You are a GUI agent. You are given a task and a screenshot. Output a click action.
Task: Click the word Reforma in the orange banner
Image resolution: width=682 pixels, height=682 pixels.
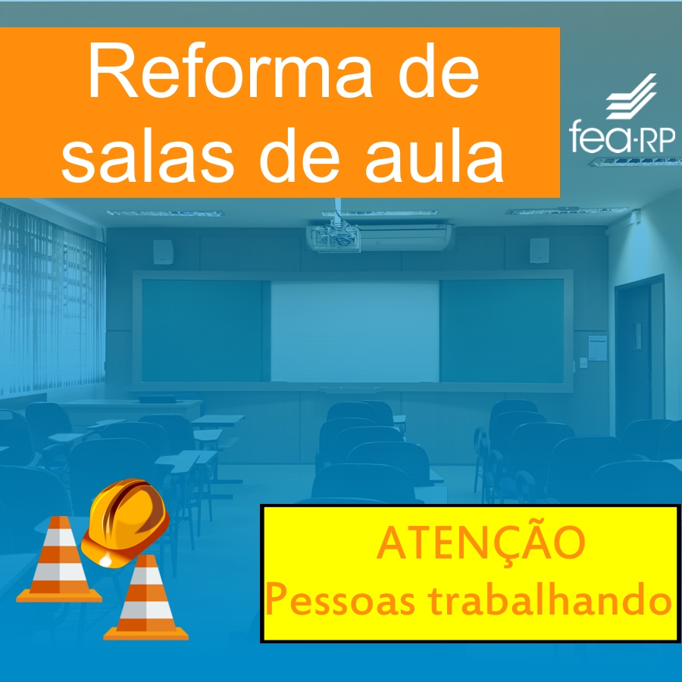pyautogui.click(x=230, y=70)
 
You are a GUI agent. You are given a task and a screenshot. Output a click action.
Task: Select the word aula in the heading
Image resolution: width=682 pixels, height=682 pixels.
pyautogui.click(x=434, y=155)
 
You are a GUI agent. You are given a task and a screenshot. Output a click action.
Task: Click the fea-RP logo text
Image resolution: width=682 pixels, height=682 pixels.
pyautogui.click(x=622, y=136)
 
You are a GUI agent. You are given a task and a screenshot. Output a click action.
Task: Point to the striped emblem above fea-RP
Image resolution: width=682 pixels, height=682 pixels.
pyautogui.click(x=631, y=96)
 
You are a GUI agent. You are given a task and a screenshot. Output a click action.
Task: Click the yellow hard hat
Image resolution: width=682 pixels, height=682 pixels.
pyautogui.click(x=125, y=522)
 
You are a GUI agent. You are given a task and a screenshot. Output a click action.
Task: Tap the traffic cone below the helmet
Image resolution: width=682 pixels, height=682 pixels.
pyautogui.click(x=146, y=598)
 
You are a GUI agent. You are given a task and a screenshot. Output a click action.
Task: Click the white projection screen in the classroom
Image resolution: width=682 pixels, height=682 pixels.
pyautogui.click(x=355, y=331)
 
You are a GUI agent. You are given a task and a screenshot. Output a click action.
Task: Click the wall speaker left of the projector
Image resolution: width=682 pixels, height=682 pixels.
pyautogui.click(x=163, y=252)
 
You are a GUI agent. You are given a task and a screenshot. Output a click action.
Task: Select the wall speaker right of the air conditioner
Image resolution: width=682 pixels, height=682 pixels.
pyautogui.click(x=539, y=251)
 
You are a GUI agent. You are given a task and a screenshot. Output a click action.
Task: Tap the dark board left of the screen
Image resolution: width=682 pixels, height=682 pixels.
pyautogui.click(x=202, y=330)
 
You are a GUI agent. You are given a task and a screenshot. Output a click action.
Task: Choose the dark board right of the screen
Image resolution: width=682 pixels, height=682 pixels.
pyautogui.click(x=502, y=330)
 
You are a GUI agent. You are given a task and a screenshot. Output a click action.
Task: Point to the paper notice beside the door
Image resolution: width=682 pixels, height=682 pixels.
pyautogui.click(x=598, y=348)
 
